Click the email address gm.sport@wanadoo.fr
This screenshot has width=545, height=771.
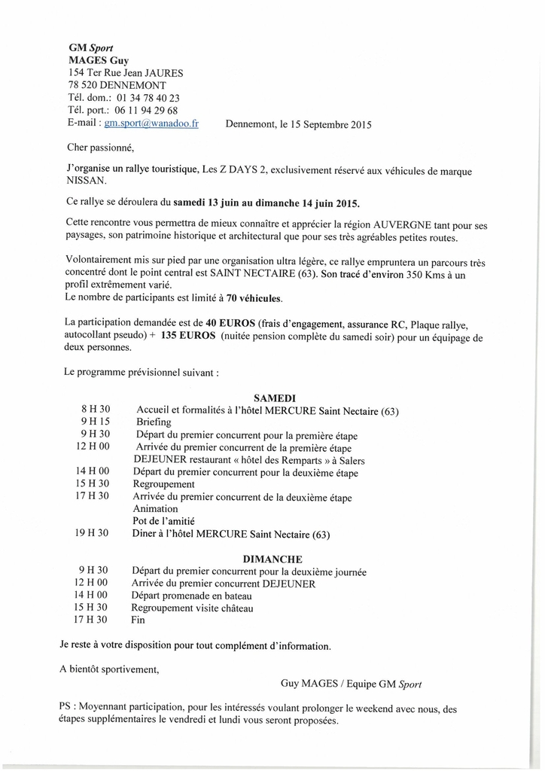tap(151, 123)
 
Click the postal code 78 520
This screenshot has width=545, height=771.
tap(84, 86)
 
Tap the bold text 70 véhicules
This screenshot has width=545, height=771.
tap(254, 298)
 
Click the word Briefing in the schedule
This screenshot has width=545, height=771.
tap(154, 422)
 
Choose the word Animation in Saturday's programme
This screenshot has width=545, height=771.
tap(155, 508)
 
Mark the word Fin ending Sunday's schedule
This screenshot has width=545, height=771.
tap(139, 620)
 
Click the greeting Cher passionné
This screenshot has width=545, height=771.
tap(100, 148)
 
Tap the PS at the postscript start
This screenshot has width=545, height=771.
tap(65, 709)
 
